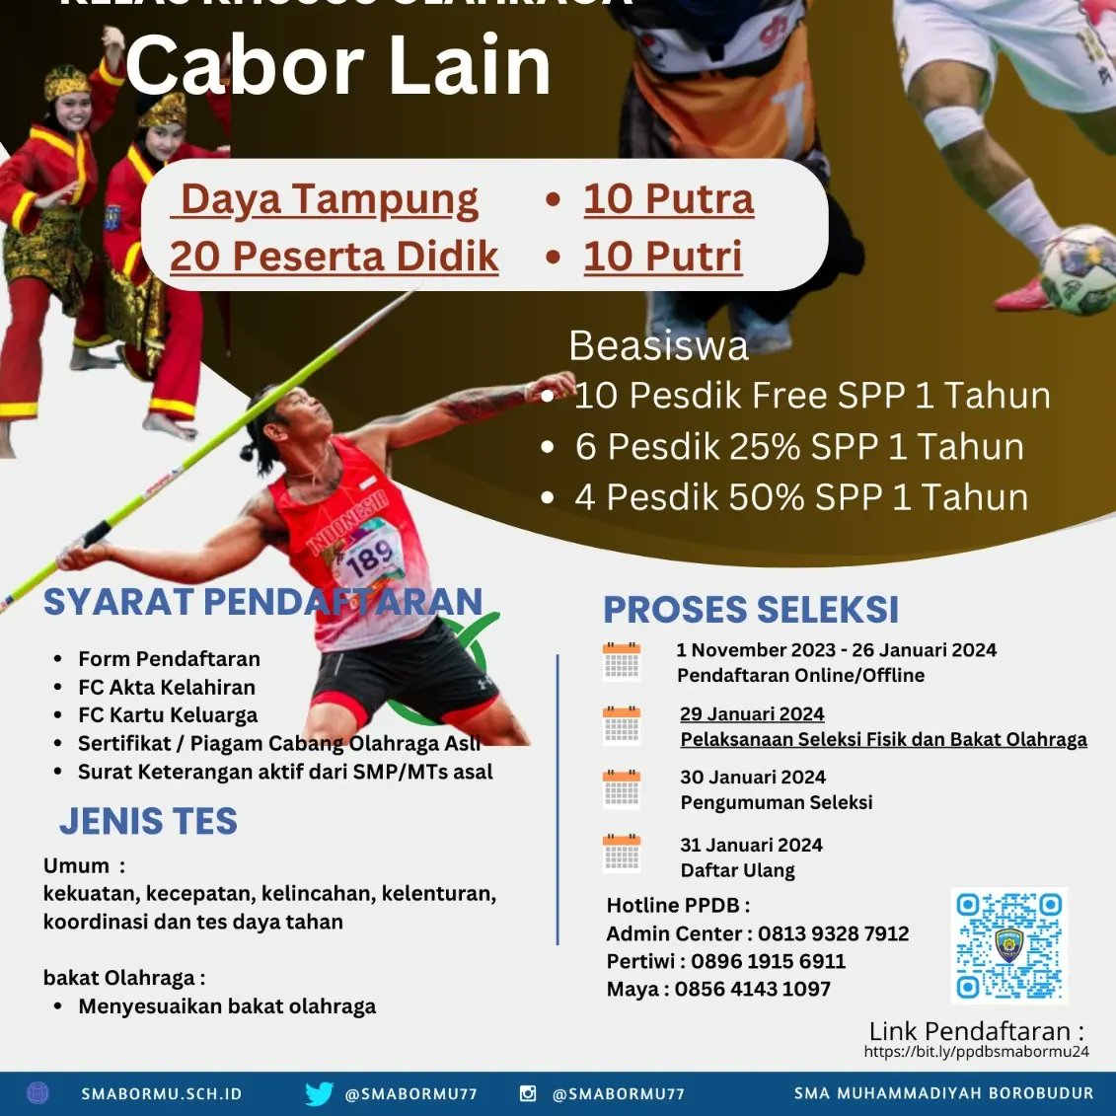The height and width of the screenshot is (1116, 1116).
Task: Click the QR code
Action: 1008,945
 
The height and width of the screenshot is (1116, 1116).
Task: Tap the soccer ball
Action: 1079,269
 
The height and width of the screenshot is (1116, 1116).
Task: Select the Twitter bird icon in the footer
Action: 319,1093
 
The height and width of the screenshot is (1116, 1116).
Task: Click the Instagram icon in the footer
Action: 528,1093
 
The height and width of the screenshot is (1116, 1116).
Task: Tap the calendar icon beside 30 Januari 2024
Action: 622,789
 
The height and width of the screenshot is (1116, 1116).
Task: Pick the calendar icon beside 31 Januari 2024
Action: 622,855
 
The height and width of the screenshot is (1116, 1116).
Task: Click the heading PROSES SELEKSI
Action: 751,610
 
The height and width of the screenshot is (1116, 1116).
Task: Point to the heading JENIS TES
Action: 148,821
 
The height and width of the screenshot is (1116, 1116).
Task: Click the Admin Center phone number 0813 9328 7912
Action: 834,933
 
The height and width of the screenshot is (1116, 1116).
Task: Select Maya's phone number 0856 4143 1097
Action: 753,989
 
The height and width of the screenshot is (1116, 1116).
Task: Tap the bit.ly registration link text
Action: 976,1052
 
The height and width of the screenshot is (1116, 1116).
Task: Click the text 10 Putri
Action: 662,257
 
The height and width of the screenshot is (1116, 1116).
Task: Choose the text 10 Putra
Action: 668,199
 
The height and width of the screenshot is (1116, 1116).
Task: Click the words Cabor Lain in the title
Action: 337,66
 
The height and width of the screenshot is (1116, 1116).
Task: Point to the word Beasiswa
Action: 658,346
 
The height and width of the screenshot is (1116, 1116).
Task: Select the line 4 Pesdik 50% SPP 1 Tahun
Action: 801,497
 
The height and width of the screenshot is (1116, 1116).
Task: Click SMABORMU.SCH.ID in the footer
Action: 162,1094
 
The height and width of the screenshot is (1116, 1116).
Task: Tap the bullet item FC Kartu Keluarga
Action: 168,715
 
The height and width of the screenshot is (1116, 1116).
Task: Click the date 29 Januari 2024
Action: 752,714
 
